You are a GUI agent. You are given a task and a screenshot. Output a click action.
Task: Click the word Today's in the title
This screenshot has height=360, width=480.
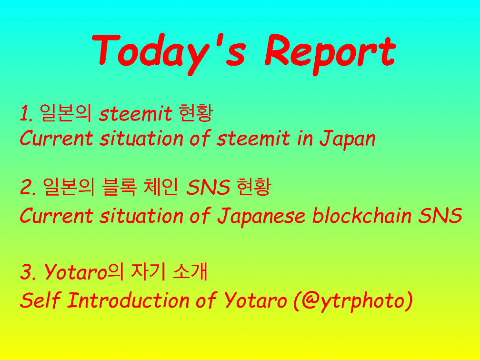[169, 53]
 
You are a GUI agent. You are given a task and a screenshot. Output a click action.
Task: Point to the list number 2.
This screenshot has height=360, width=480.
[28, 187]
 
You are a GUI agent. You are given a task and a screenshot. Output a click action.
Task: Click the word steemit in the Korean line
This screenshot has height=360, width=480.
[135, 113]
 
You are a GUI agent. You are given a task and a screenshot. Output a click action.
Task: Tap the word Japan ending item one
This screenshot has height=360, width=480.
[348, 140]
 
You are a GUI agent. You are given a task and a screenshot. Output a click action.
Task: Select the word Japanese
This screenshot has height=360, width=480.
[261, 216]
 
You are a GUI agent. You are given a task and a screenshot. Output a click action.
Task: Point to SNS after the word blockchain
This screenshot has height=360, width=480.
[440, 215]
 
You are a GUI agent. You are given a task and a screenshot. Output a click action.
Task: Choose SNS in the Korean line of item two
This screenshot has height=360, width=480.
[208, 187]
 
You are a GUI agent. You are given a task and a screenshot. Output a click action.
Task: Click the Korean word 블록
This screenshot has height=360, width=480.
[119, 187]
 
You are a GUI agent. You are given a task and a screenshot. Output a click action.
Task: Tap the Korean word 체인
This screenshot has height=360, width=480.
[161, 187]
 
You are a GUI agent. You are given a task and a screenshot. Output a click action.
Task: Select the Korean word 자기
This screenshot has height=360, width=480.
[148, 271]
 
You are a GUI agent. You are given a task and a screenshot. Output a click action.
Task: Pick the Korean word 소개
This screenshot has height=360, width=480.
[190, 271]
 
